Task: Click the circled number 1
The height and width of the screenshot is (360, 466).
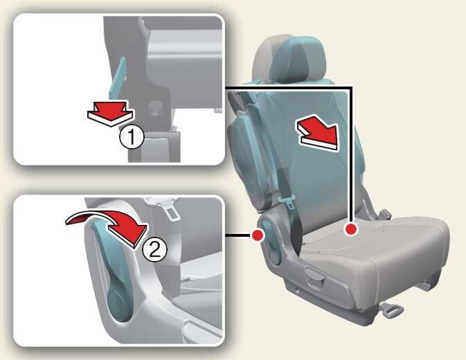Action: click(132, 137)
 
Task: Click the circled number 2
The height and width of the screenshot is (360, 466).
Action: click(154, 249)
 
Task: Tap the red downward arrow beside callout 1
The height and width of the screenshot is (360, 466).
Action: click(111, 113)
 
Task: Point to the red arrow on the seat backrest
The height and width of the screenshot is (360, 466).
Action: click(318, 133)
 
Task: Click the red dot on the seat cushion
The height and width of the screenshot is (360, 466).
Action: click(351, 229)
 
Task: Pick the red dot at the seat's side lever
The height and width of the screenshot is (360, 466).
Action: click(258, 235)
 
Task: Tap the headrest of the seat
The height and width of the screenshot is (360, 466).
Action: click(289, 60)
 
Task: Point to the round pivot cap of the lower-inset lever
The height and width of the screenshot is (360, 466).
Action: click(118, 306)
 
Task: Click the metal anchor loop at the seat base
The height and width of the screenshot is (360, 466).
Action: click(393, 310)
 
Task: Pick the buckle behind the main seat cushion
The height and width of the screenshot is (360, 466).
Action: click(384, 215)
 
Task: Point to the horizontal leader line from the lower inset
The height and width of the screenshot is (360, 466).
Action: click(238, 235)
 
